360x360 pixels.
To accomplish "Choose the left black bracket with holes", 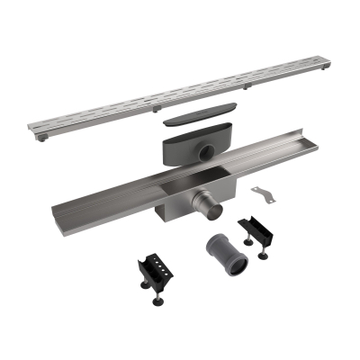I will coord(156,267).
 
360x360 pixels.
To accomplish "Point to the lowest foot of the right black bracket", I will coord(263,256).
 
